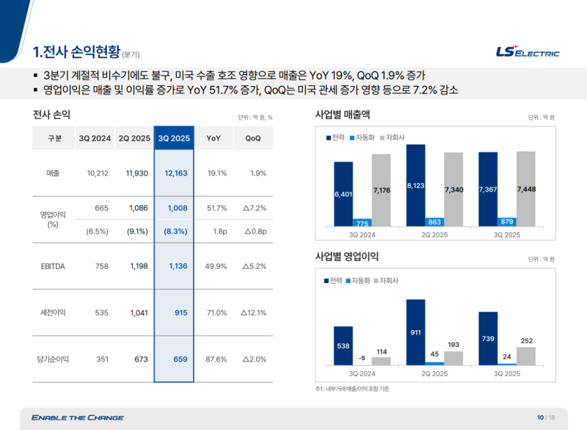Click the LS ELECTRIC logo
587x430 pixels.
click(527, 52)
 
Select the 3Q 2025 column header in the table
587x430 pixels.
click(174, 138)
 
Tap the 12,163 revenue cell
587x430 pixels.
click(174, 173)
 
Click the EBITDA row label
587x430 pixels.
click(53, 266)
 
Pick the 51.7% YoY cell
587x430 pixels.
click(216, 208)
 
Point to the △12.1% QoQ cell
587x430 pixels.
click(253, 312)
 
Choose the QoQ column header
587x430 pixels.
click(253, 138)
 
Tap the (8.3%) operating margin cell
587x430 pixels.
click(174, 231)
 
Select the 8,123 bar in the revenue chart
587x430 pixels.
click(416, 185)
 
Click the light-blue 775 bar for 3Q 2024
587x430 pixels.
click(361, 223)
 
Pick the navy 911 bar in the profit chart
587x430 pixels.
click(416, 332)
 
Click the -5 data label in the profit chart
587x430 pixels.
click(361, 358)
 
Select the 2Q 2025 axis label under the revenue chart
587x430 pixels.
click(434, 234)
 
